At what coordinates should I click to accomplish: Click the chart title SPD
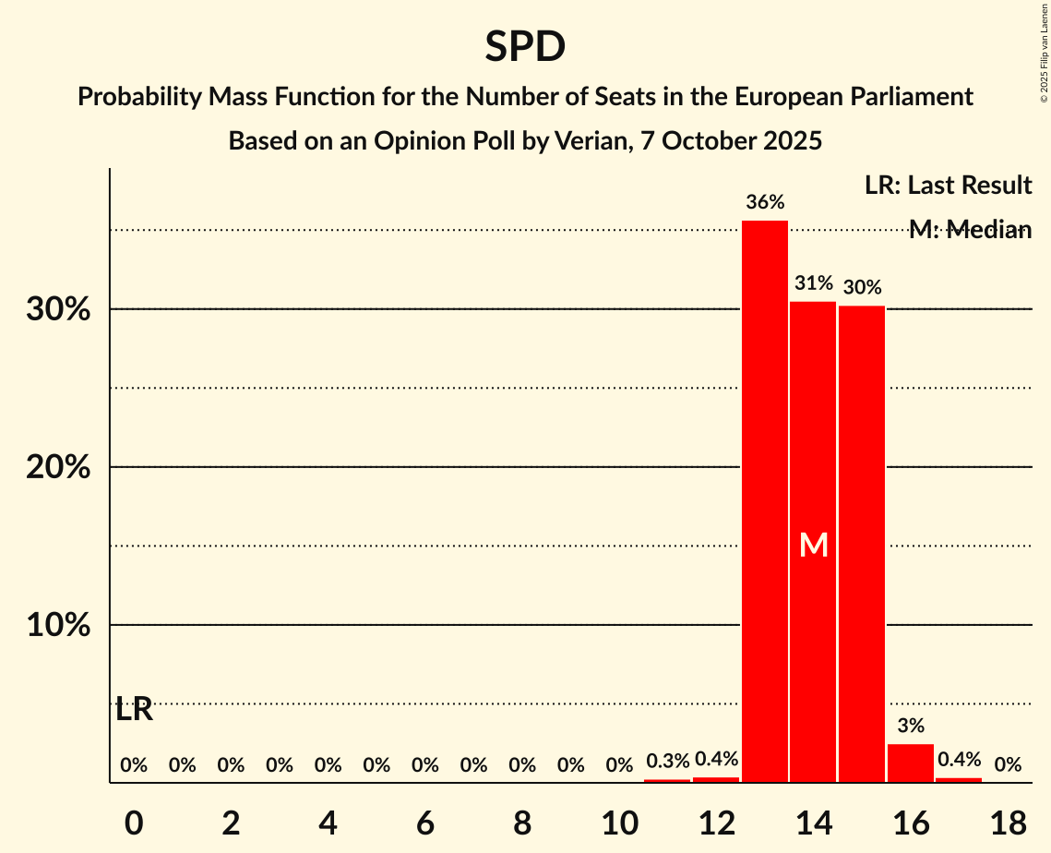(525, 47)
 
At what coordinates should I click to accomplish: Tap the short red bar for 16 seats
(911, 763)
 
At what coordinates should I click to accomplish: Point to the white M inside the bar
(813, 546)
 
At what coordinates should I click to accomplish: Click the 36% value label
(765, 202)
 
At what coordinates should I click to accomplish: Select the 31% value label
(813, 283)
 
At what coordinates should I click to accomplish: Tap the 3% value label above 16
(911, 726)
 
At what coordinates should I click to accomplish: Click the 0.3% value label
(667, 762)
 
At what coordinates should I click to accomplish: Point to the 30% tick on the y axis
(58, 310)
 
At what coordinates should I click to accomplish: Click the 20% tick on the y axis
(58, 468)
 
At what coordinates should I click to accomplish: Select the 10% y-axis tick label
(58, 626)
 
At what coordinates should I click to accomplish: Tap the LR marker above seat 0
(134, 711)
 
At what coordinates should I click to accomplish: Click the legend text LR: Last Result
(948, 186)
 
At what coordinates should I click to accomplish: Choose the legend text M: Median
(970, 230)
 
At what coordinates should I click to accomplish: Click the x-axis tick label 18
(1008, 823)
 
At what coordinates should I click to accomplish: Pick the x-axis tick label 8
(522, 823)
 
